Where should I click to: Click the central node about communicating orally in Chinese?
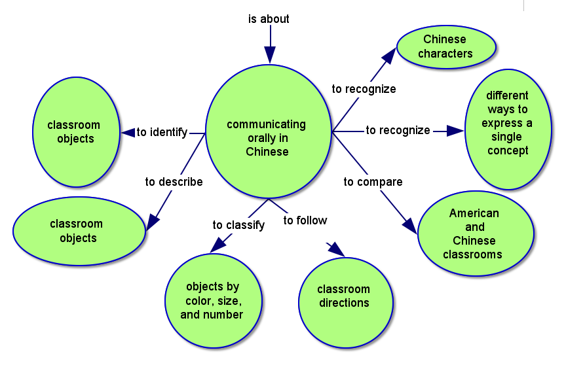point(267,131)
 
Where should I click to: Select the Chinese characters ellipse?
point(445,46)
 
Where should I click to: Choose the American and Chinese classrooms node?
point(476,234)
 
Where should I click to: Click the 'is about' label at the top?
point(269,19)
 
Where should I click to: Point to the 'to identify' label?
point(162,132)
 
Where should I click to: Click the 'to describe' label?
point(174,182)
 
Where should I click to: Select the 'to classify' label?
point(238,225)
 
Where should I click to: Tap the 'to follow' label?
point(305,220)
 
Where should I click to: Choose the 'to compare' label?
point(373,182)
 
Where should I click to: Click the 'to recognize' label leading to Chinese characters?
point(364,89)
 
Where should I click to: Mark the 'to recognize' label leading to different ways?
point(398,130)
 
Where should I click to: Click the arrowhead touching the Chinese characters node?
point(389,52)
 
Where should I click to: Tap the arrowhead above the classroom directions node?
point(335,248)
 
